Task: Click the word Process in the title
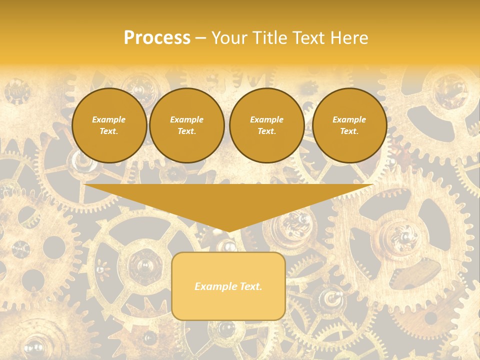point(157,38)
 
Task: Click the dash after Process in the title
point(200,38)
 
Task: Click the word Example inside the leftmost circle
point(109,119)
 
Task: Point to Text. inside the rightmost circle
point(349,131)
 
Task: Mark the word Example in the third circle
point(267,119)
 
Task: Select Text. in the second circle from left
point(187,131)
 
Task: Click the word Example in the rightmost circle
point(349,119)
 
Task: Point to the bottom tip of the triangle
point(228,231)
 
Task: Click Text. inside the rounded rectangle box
point(250,286)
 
